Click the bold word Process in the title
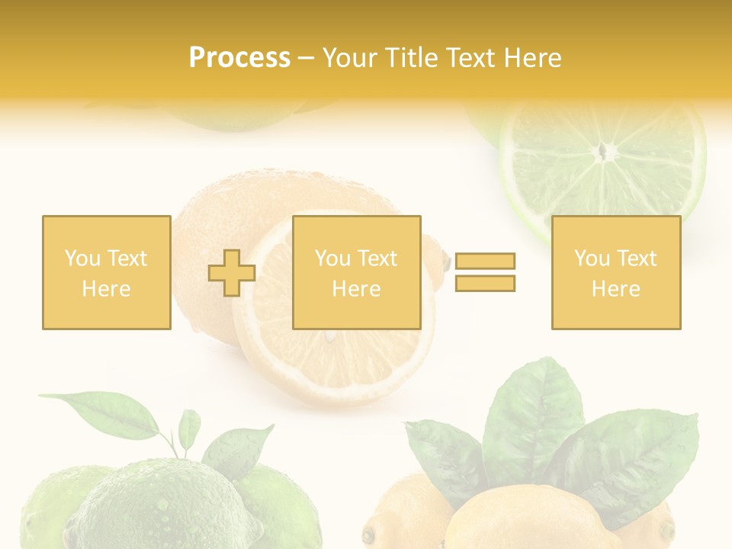(239, 58)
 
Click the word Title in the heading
(409, 58)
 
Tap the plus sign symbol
(232, 273)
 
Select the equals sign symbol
(485, 272)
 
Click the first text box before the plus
(106, 272)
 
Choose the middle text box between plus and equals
(356, 272)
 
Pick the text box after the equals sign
(615, 272)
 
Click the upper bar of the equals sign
(485, 262)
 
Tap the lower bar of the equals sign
(485, 283)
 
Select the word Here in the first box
(106, 289)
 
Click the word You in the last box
(592, 258)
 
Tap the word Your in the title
(348, 58)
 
